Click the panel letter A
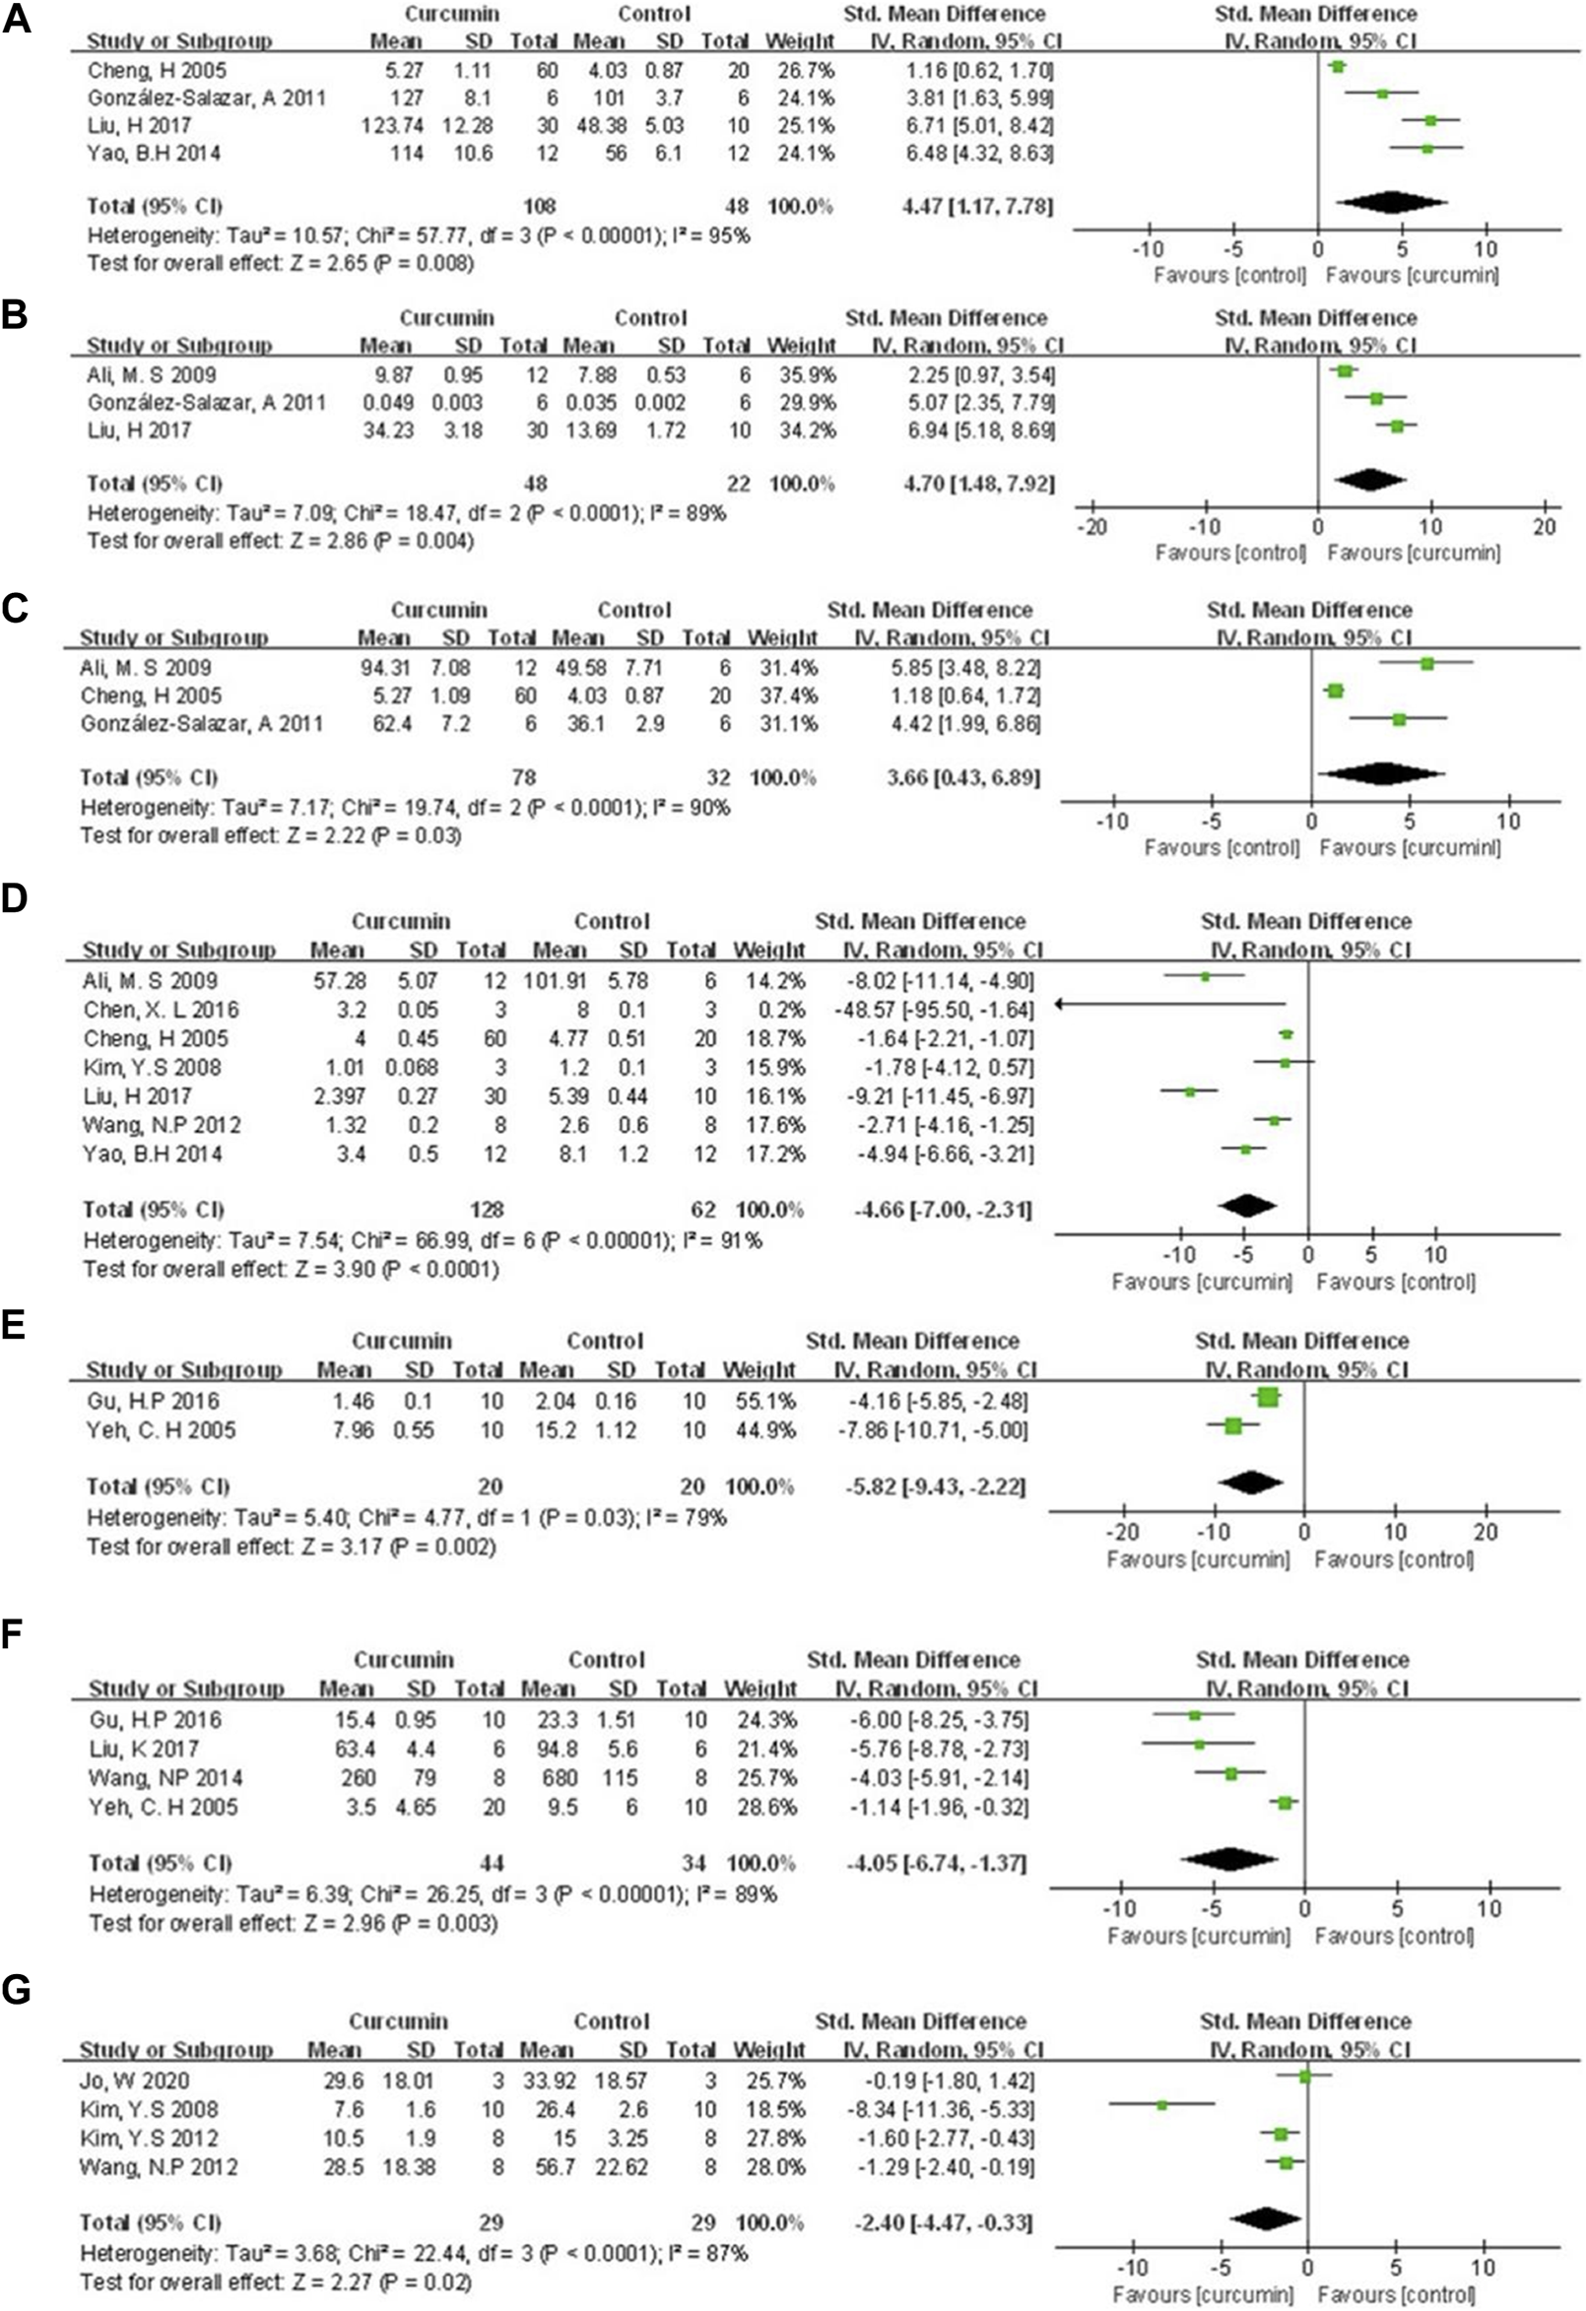click(x=17, y=19)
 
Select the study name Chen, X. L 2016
click(x=161, y=1010)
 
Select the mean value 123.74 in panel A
click(x=391, y=125)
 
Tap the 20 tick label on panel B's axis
click(x=1545, y=525)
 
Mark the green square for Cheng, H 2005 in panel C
click(x=1335, y=692)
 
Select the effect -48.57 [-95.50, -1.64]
click(x=933, y=1010)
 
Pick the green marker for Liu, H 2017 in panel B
click(x=1396, y=427)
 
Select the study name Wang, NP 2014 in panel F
click(x=165, y=1777)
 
